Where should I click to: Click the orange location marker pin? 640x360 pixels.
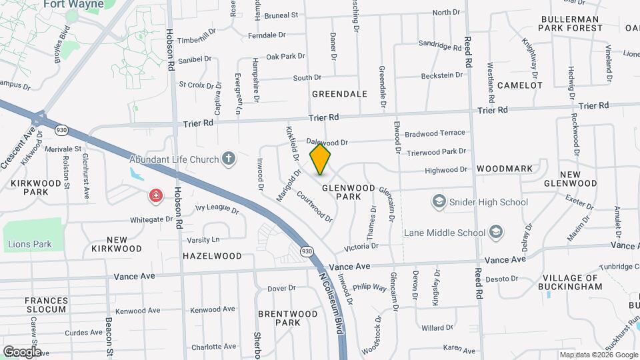point(321,159)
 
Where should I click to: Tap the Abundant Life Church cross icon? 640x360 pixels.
point(229,159)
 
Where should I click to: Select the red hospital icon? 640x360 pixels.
point(156,195)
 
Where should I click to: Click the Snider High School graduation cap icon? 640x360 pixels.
point(439,201)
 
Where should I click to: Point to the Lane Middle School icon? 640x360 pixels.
point(495,232)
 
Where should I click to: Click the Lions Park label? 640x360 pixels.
point(30,244)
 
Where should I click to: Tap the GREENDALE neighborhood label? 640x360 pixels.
point(339,94)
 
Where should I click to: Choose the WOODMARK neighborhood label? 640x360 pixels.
point(505,169)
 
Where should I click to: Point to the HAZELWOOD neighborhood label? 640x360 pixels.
point(212,255)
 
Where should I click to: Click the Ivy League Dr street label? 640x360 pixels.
point(217,209)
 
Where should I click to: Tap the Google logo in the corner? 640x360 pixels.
point(22,351)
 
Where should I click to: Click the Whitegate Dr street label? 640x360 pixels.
point(151,219)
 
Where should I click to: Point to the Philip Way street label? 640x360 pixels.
point(370,287)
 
